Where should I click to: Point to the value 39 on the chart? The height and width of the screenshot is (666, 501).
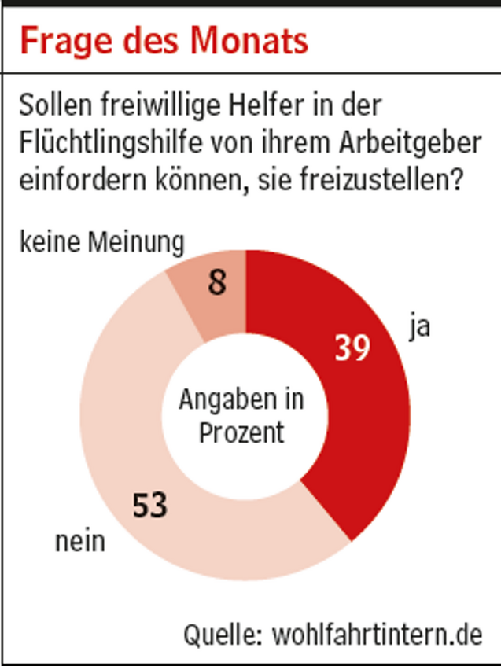point(352,348)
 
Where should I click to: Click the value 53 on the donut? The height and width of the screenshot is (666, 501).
point(149,505)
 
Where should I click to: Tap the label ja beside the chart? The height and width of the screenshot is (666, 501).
point(419,326)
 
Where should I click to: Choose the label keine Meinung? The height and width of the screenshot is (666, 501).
point(101,242)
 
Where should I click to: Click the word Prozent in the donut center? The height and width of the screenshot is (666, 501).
point(241,432)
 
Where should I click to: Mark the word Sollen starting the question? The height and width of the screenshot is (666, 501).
point(56,106)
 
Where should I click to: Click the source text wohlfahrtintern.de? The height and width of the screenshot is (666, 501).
point(377,633)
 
